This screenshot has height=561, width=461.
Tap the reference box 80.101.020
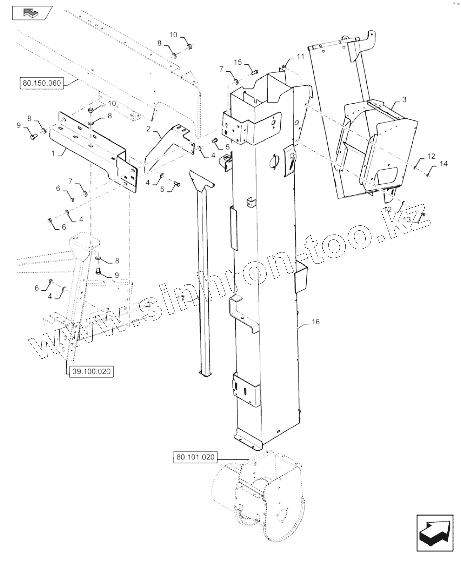[x=195, y=457]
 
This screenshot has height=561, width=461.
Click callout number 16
[x=316, y=322]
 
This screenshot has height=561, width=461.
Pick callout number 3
[x=404, y=99]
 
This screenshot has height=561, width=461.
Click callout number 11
[x=301, y=57]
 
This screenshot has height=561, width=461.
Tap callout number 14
[x=444, y=164]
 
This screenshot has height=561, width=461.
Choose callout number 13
[x=407, y=219]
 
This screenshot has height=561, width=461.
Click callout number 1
[x=53, y=153]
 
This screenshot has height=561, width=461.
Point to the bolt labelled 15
[x=255, y=72]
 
